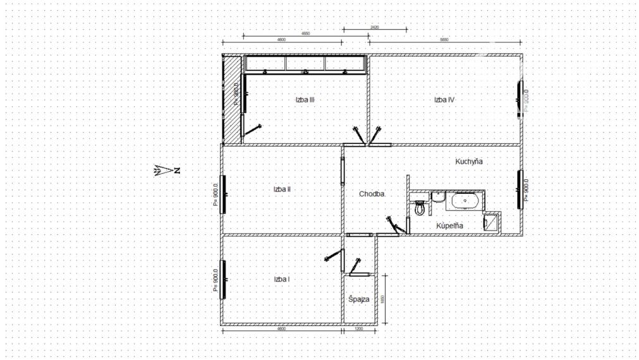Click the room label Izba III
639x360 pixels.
tap(305, 100)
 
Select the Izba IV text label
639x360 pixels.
tap(444, 100)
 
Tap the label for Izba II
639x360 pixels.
tap(282, 189)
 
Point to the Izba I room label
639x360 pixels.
tap(282, 279)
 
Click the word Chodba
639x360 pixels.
tap(372, 194)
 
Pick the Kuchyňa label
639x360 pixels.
tap(469, 162)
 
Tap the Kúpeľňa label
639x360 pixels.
tap(449, 225)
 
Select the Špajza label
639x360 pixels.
tap(358, 299)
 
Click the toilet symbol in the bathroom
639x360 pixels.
tap(418, 207)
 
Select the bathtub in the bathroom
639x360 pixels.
tap(465, 201)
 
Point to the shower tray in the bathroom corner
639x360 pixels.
tap(490, 222)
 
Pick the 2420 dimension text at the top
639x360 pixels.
tap(374, 28)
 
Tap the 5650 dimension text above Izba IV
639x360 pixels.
tap(444, 39)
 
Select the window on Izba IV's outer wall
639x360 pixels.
tap(522, 95)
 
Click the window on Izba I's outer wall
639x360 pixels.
tap(221, 279)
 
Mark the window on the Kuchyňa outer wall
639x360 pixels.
tap(522, 189)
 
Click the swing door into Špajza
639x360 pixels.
tap(358, 268)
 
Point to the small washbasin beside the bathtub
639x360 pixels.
tap(437, 196)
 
